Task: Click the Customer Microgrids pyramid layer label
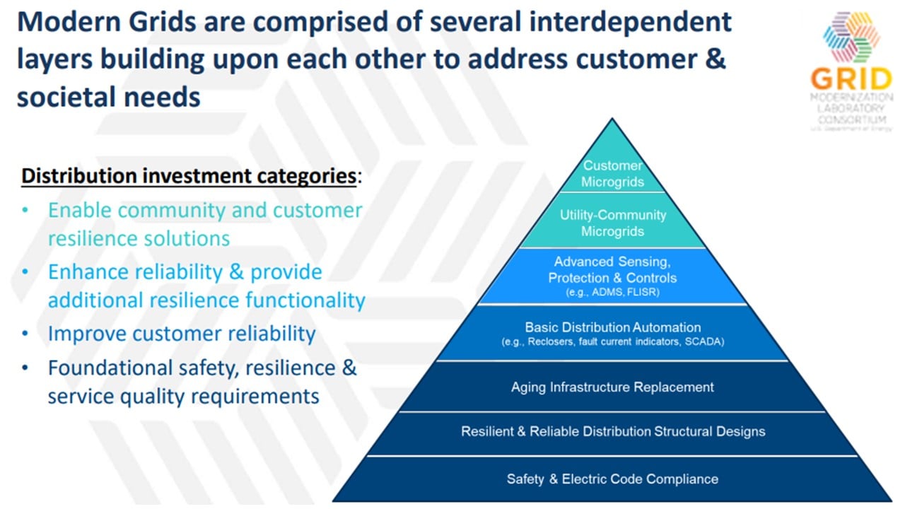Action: point(612,174)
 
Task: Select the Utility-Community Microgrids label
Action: point(612,223)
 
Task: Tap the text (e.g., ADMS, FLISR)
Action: point(612,292)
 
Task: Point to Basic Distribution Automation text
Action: point(612,327)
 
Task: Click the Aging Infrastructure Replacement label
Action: point(612,387)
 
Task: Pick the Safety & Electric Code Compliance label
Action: point(612,479)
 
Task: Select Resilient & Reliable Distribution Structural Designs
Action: point(613,431)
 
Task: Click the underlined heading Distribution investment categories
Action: point(189,176)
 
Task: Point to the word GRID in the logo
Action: point(851,79)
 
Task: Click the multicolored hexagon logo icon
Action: point(851,37)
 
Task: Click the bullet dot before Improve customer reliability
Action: point(25,334)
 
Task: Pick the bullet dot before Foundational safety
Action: point(25,368)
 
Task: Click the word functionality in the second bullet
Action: point(305,300)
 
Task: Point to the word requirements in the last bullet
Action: point(255,397)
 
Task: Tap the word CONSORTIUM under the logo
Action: point(852,120)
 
